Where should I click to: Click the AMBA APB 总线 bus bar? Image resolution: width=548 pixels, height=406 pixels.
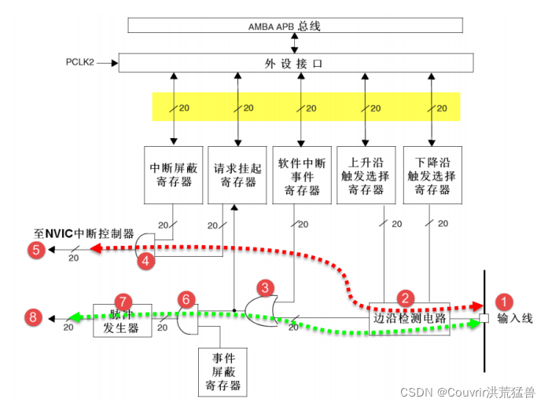[299, 25]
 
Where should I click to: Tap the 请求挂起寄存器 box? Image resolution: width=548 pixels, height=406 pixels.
[235, 174]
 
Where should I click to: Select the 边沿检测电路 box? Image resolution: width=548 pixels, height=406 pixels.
[410, 319]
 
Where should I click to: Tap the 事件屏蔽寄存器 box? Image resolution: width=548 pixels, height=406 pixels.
[223, 372]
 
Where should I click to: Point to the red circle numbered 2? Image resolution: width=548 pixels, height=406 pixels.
[406, 298]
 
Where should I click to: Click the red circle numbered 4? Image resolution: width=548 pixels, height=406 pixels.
[145, 262]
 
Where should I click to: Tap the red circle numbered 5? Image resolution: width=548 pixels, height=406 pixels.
[35, 251]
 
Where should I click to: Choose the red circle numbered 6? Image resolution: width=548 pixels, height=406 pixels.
[186, 299]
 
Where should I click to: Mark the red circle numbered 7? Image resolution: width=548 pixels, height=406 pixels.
[121, 302]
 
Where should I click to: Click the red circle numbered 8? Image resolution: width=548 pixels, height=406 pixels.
[32, 317]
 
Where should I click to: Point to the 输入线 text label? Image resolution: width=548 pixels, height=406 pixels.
[516, 319]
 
